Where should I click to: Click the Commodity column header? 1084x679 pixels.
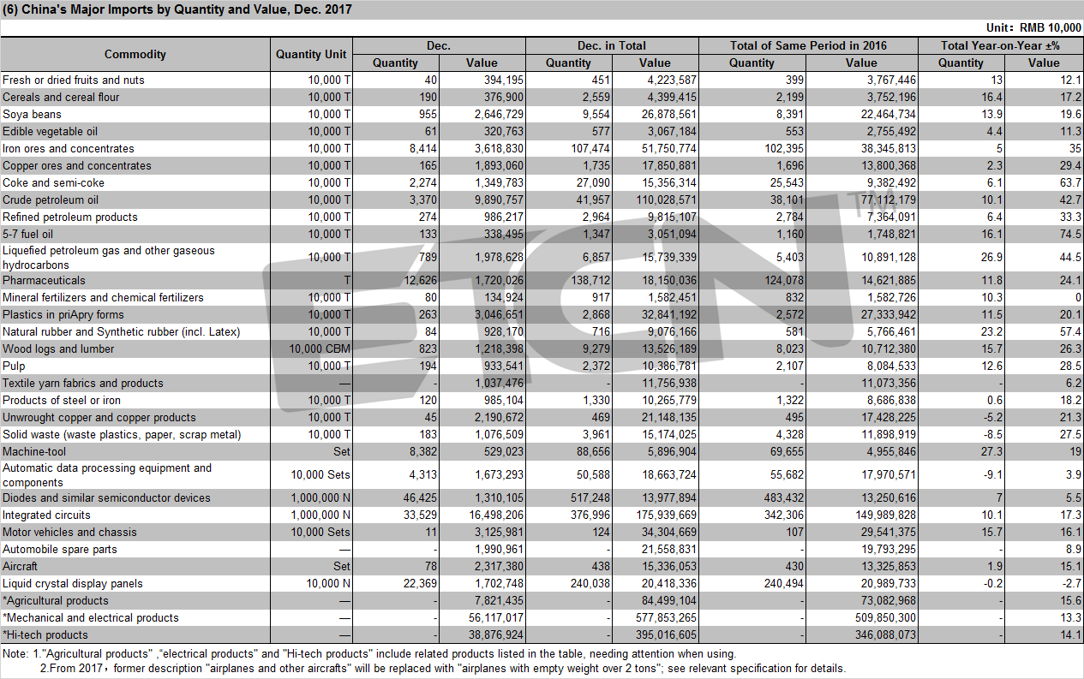[x=135, y=54]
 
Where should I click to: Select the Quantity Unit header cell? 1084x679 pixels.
[x=311, y=54]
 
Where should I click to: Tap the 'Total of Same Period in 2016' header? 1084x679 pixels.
[x=808, y=45]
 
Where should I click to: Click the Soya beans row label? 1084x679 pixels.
[x=32, y=114]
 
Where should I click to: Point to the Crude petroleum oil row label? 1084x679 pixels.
[x=51, y=200]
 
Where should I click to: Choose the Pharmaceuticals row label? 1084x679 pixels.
[x=44, y=280]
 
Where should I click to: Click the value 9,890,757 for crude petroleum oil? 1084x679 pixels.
[x=499, y=200]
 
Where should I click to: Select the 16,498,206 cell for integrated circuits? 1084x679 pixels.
[x=496, y=515]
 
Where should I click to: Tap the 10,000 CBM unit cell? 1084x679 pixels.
[x=320, y=348]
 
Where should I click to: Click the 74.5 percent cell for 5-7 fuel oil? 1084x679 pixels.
[x=1070, y=234]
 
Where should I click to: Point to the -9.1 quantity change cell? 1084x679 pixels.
[x=992, y=474]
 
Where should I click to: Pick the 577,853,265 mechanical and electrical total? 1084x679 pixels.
[x=666, y=617]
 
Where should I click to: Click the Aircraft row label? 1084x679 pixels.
[x=20, y=566]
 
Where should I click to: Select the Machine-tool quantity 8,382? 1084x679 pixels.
[x=423, y=451]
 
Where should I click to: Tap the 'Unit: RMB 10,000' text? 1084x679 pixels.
[x=1033, y=27]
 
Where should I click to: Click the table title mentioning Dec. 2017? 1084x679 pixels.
[x=177, y=9]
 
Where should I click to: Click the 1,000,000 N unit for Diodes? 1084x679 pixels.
[x=320, y=497]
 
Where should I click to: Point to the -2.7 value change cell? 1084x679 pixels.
[x=1071, y=583]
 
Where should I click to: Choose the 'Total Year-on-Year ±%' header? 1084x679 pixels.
[x=1000, y=45]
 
